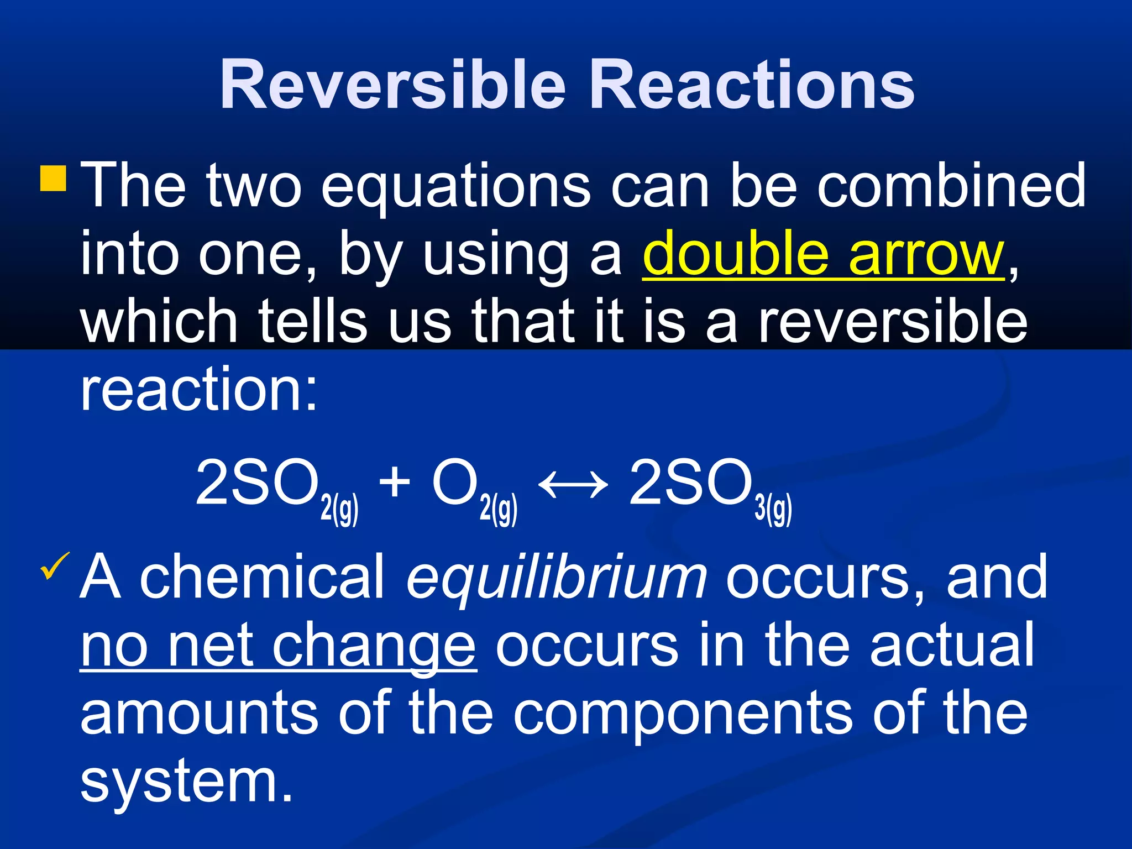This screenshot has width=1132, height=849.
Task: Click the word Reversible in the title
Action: [393, 86]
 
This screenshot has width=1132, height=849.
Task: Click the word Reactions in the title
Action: [752, 86]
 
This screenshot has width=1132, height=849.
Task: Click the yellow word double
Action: [736, 254]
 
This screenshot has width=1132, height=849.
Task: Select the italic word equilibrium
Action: [556, 578]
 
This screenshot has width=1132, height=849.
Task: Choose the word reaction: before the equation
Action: [199, 390]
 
